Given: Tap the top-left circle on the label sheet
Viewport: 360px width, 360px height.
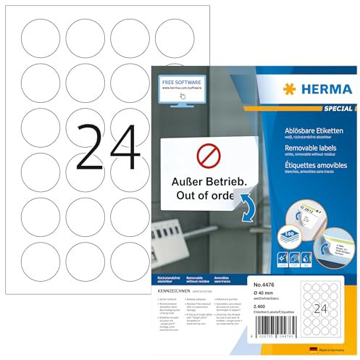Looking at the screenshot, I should point(37,35).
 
